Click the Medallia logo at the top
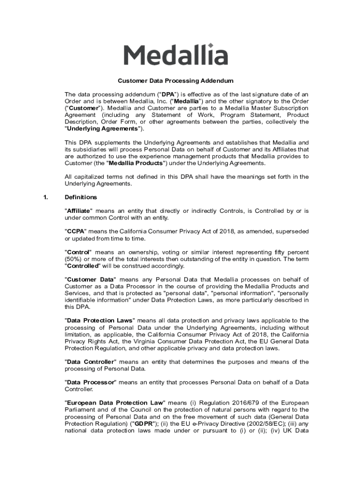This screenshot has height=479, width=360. (x=175, y=55)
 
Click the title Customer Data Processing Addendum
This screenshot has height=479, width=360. (x=175, y=80)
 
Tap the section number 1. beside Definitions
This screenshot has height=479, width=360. (x=45, y=197)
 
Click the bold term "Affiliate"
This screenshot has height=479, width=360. (x=79, y=211)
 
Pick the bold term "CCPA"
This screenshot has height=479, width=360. (x=75, y=232)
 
